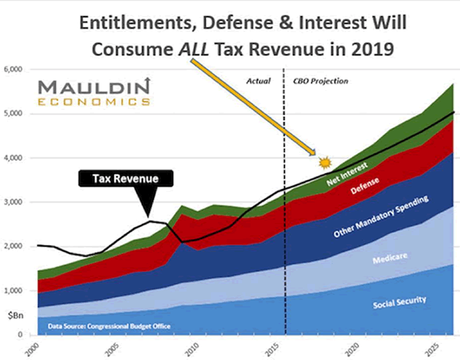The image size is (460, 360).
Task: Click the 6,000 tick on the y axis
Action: tap(13, 69)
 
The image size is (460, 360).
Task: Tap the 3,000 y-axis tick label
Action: tap(13, 202)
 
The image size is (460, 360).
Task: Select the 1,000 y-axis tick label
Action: tap(13, 291)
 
